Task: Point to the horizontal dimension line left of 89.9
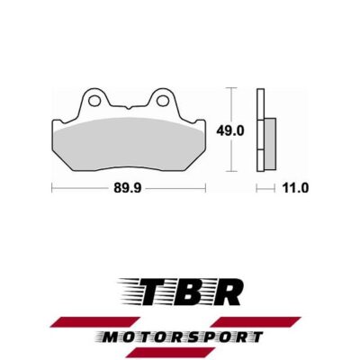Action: (x=76, y=188)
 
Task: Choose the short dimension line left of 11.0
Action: (x=264, y=188)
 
